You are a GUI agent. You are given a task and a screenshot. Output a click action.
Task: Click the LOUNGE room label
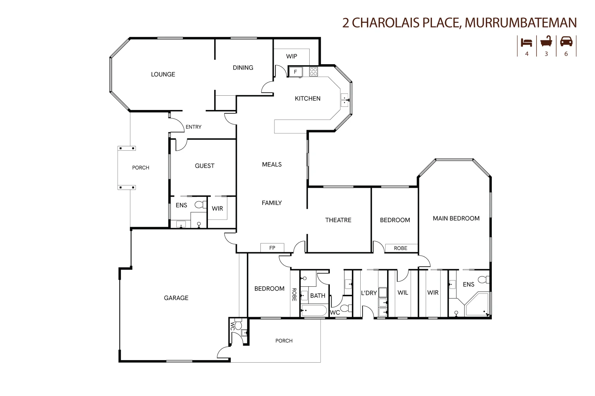pyautogui.click(x=163, y=74)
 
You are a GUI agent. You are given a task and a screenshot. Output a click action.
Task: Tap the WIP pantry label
pyautogui.click(x=292, y=56)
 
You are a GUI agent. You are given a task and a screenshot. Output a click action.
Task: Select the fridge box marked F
pyautogui.click(x=295, y=72)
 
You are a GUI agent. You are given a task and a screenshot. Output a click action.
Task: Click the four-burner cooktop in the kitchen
pyautogui.click(x=313, y=71)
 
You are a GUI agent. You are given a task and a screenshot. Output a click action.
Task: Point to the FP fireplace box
pyautogui.click(x=272, y=248)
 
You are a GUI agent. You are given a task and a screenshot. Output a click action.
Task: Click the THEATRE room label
pyautogui.click(x=338, y=220)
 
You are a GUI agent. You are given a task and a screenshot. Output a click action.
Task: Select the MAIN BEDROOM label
pyautogui.click(x=456, y=219)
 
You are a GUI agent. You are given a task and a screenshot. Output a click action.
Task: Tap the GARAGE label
pyautogui.click(x=176, y=298)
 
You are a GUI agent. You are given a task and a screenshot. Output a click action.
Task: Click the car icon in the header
pyautogui.click(x=566, y=41)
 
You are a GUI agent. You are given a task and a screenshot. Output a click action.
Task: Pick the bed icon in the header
pyautogui.click(x=526, y=42)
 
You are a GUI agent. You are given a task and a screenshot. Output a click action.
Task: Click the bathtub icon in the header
pyautogui.click(x=546, y=41)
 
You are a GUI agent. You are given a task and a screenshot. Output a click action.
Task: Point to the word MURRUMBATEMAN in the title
pyautogui.click(x=520, y=23)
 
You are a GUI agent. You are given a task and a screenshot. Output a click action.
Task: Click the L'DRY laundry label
pyautogui.click(x=369, y=293)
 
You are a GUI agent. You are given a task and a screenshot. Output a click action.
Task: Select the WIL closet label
pyautogui.click(x=403, y=293)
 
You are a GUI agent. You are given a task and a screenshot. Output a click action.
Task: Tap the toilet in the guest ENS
pyautogui.click(x=201, y=204)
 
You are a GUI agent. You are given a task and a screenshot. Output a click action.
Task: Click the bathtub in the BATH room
pyautogui.click(x=314, y=311)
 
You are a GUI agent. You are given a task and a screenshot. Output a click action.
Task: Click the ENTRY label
pyautogui.click(x=194, y=127)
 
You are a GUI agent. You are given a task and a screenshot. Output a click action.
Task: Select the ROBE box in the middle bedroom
pyautogui.click(x=401, y=248)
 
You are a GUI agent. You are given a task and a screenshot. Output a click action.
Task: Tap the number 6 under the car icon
pyautogui.click(x=566, y=54)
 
